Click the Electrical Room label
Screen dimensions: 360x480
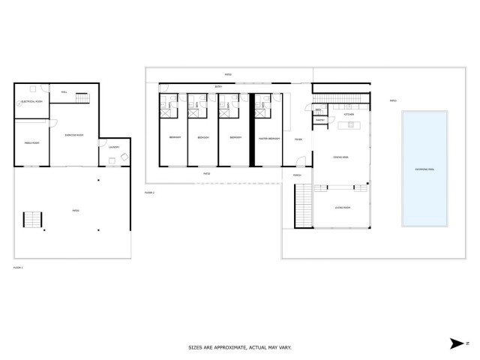[x=31, y=100]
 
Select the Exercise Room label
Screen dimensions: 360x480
[x=73, y=136]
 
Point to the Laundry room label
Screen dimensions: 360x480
[x=113, y=147]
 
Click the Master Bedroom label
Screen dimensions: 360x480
[x=269, y=139]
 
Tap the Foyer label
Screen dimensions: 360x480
[x=298, y=139]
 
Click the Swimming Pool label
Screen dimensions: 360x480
[x=424, y=169]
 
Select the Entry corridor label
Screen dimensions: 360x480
[x=218, y=87]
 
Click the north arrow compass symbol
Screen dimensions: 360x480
[x=459, y=343]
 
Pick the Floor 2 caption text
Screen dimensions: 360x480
[x=150, y=193]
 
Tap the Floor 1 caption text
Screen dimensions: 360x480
[x=19, y=266]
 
